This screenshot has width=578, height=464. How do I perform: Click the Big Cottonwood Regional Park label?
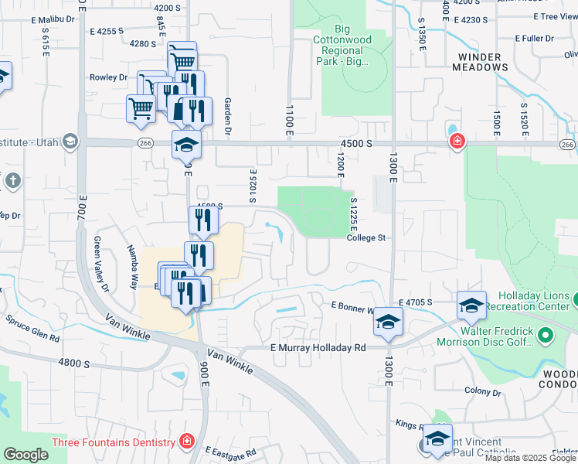point(342,49)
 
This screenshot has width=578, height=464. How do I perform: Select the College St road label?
point(365,238)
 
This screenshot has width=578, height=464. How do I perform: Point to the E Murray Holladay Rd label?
point(318,348)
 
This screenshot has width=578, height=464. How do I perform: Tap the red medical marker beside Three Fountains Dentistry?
point(185,442)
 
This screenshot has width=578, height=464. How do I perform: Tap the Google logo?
point(25,455)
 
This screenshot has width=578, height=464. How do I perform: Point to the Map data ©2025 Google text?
point(531,458)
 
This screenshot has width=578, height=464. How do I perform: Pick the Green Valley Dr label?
point(101,264)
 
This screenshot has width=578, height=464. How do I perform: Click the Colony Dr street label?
point(484,392)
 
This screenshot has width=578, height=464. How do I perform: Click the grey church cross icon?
point(12,181)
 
